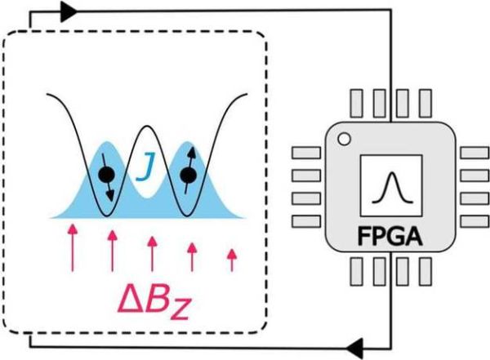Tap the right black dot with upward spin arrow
point(189,174)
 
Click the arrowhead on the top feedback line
point(69,11)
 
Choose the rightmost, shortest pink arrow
point(231,259)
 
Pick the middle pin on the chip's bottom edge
point(387,271)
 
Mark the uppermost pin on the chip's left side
point(305,152)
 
